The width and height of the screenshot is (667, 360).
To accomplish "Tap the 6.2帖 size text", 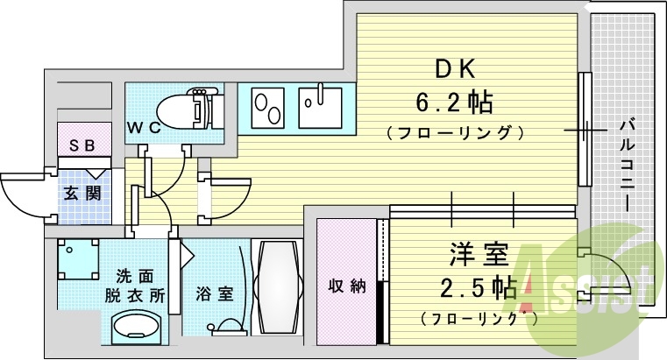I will coord(454,103).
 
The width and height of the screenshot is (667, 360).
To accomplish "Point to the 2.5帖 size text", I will coord(478,287).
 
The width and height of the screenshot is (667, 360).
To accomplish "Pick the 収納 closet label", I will coord(346,286).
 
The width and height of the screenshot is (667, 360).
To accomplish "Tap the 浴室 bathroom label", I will coord(215,293).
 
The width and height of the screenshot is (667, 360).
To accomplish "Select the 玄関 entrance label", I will coord(82,193).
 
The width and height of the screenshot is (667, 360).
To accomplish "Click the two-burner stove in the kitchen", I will coord(266,109).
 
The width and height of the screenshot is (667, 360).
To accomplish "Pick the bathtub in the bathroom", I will coord(276,285).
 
